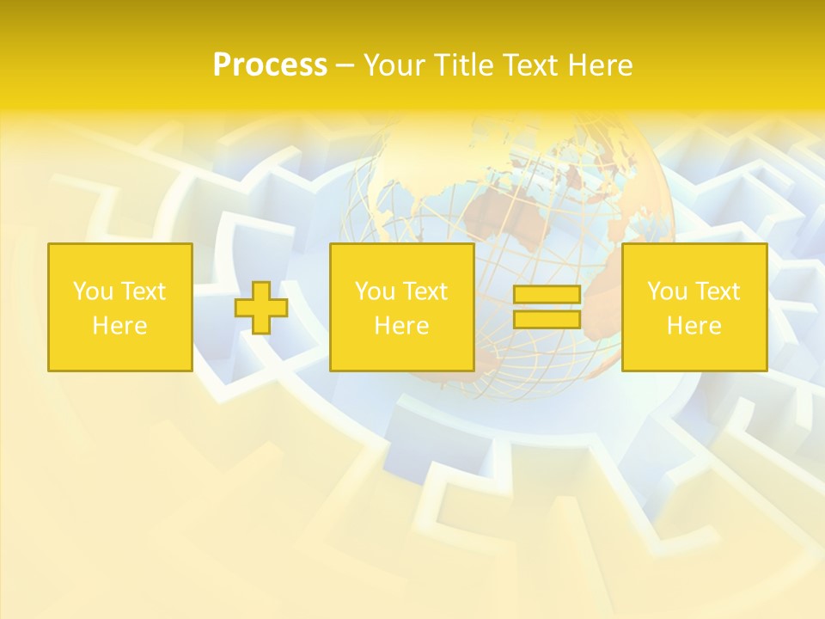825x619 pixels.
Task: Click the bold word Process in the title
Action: (x=270, y=65)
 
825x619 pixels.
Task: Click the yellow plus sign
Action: (x=261, y=307)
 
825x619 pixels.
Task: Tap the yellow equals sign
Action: (x=547, y=307)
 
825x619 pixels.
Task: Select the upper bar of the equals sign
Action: (x=547, y=295)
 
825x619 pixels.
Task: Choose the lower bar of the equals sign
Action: (x=547, y=319)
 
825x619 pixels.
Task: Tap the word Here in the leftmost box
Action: (x=120, y=326)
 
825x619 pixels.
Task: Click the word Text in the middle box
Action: (x=425, y=291)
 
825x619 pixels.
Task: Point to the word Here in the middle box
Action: (x=401, y=326)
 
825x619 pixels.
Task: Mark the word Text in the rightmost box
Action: (x=718, y=291)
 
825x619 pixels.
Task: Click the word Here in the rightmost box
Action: (x=694, y=326)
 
